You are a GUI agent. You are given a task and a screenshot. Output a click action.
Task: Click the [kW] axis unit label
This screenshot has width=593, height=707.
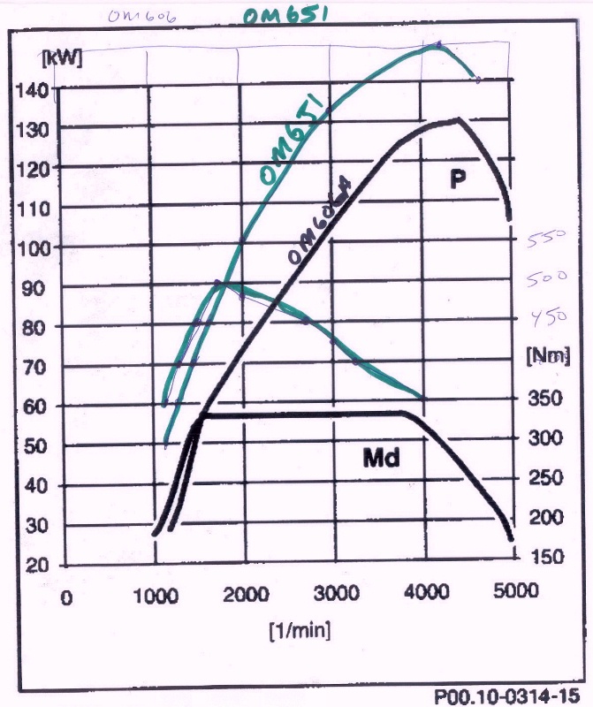62,58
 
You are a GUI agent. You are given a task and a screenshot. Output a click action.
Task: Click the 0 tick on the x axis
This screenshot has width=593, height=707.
65,598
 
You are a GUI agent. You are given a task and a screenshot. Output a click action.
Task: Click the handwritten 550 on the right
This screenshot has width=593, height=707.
546,239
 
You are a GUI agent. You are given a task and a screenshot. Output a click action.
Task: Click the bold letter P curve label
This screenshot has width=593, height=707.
457,180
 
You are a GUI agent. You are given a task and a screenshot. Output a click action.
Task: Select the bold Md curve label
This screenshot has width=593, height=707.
382,458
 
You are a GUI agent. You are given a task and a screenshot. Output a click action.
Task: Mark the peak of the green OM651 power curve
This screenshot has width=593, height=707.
438,43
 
